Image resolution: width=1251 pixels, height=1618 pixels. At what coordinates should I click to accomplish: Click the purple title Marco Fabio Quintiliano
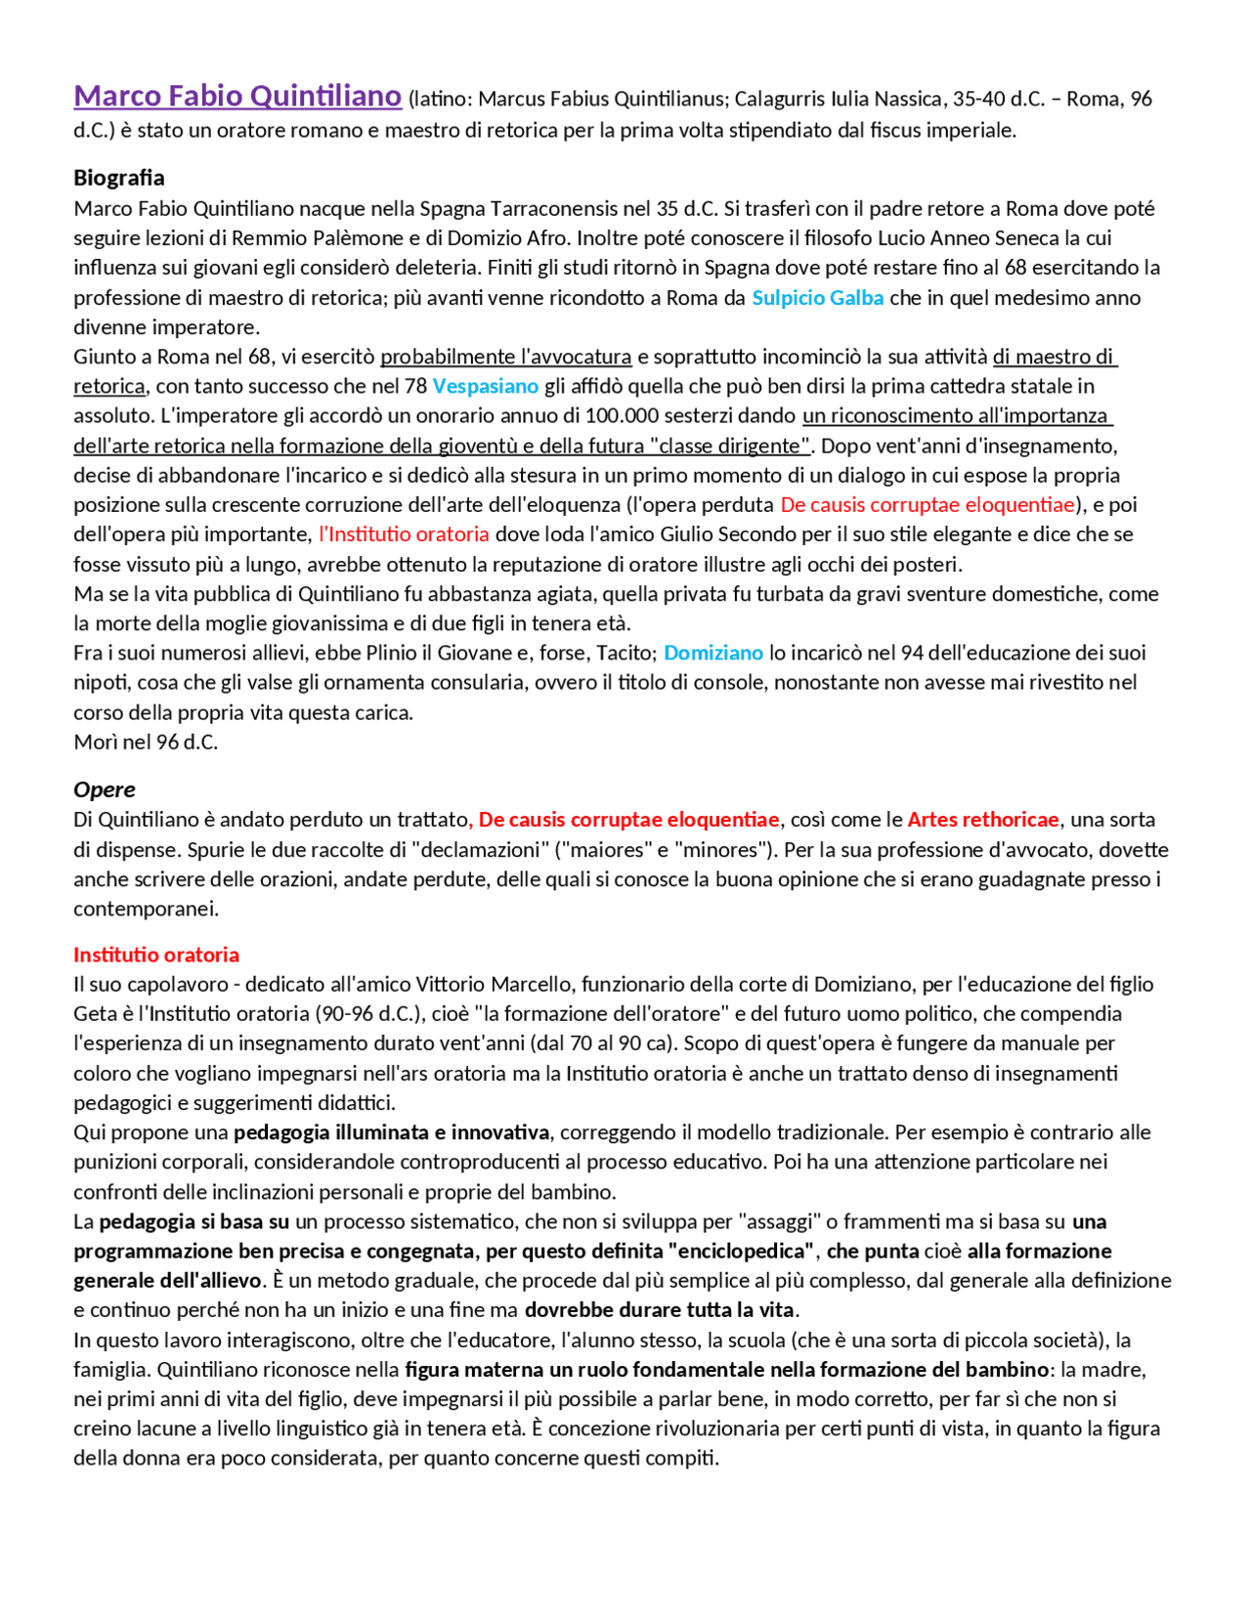[x=237, y=96]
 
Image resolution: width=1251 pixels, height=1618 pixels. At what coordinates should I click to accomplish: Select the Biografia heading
[x=119, y=178]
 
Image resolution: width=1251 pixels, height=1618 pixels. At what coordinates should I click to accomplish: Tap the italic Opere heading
[x=105, y=789]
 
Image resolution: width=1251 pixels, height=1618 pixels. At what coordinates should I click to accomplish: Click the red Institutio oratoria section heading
[x=156, y=955]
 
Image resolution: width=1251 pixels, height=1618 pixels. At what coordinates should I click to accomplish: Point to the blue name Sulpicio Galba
[x=818, y=298]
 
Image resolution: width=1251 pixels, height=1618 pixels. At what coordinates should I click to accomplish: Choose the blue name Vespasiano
[x=486, y=386]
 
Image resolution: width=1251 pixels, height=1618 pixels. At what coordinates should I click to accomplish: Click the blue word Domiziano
[x=713, y=653]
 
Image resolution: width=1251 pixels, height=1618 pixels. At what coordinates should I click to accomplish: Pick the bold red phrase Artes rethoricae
[x=983, y=820]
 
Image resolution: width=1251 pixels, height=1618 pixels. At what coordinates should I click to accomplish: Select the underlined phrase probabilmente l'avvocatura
[x=506, y=357]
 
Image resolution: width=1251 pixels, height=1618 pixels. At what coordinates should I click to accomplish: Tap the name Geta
[x=94, y=1014]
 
